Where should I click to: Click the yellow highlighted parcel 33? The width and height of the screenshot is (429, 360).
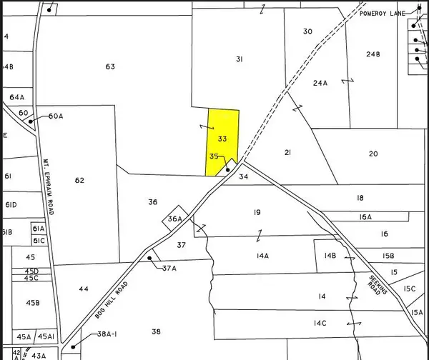click(x=222, y=139)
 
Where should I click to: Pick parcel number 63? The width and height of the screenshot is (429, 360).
click(x=109, y=67)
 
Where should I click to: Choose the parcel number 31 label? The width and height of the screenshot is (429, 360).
click(x=240, y=59)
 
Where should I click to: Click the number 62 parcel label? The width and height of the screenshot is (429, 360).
click(x=79, y=181)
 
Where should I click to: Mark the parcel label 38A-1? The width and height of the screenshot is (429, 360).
click(x=112, y=334)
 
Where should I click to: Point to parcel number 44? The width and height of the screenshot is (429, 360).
click(x=84, y=289)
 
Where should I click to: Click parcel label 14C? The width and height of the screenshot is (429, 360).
click(x=319, y=324)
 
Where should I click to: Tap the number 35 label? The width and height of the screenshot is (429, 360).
click(x=214, y=156)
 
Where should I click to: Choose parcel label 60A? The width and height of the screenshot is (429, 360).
click(x=56, y=116)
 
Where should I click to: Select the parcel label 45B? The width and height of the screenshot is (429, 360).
click(x=32, y=304)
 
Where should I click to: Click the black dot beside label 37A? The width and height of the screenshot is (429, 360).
click(x=149, y=258)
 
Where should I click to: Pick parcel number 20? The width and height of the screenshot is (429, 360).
click(x=373, y=154)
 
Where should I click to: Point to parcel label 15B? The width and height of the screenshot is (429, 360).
click(x=388, y=256)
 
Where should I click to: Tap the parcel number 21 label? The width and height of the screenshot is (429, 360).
click(x=287, y=153)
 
